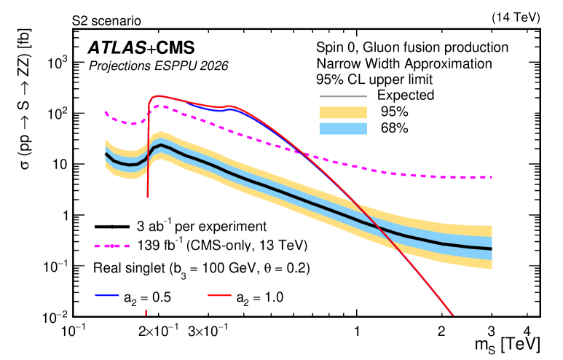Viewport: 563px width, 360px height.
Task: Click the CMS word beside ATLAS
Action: point(176,49)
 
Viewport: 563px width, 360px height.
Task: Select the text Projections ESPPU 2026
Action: point(159,66)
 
